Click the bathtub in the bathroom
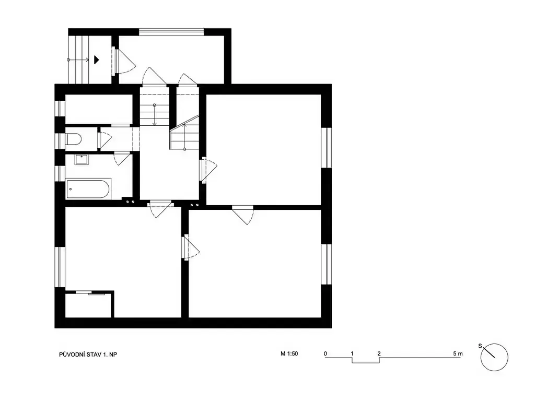coord(88,188)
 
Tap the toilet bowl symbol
coord(73,139)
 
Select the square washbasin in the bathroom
coord(82,160)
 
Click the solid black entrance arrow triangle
coord(97,60)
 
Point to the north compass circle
coord(494,357)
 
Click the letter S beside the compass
coord(480,346)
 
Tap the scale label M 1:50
coord(289,354)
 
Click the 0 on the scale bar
coord(325,353)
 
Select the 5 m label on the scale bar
coord(458,353)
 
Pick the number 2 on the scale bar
coord(379,353)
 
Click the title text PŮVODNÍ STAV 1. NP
coord(88,354)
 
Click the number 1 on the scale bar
coord(352,353)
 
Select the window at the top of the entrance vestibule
coord(171,32)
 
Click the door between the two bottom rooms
coord(190,247)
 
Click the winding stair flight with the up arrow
coord(184,133)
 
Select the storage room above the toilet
coord(99,109)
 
